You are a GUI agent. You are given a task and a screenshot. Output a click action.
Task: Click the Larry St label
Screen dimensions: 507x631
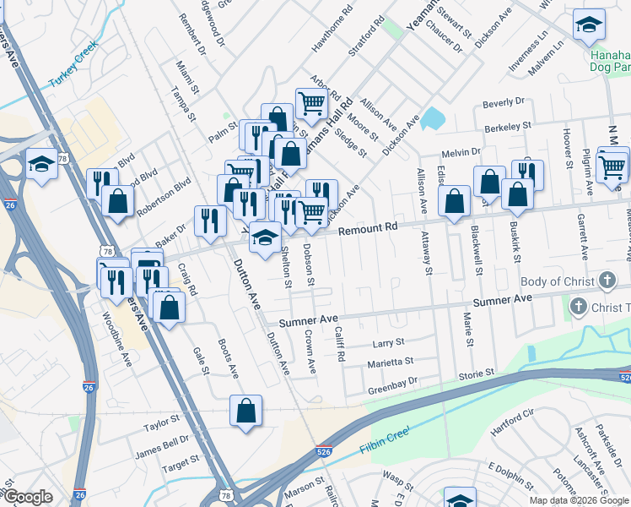389,343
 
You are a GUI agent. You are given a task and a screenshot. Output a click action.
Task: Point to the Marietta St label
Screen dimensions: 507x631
390,362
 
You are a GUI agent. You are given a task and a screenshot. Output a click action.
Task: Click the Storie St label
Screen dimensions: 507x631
477,373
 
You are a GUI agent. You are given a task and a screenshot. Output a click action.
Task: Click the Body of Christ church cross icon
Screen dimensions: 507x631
606,281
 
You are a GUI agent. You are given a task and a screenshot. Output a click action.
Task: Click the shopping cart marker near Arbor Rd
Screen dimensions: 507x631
311,103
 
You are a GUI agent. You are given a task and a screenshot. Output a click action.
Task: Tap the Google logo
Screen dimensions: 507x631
28,497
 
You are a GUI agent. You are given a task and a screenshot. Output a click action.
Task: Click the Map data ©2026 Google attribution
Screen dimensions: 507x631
578,499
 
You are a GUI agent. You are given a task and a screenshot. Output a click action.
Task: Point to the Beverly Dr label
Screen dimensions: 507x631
503,103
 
